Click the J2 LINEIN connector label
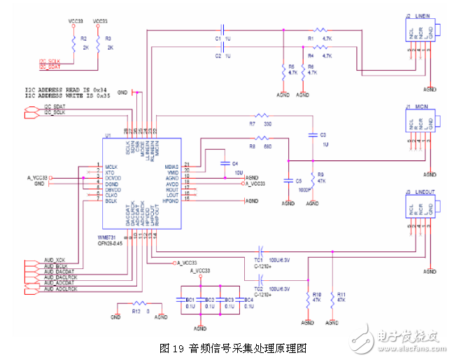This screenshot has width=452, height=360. (x=418, y=15)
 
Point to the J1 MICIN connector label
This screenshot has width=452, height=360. (x=418, y=106)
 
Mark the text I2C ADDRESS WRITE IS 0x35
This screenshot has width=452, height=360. (x=66, y=95)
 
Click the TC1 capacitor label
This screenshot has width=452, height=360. (x=258, y=258)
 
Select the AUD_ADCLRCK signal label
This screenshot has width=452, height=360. (x=60, y=289)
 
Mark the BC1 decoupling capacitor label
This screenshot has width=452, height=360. (x=190, y=300)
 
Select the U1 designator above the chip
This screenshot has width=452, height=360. (x=108, y=135)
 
